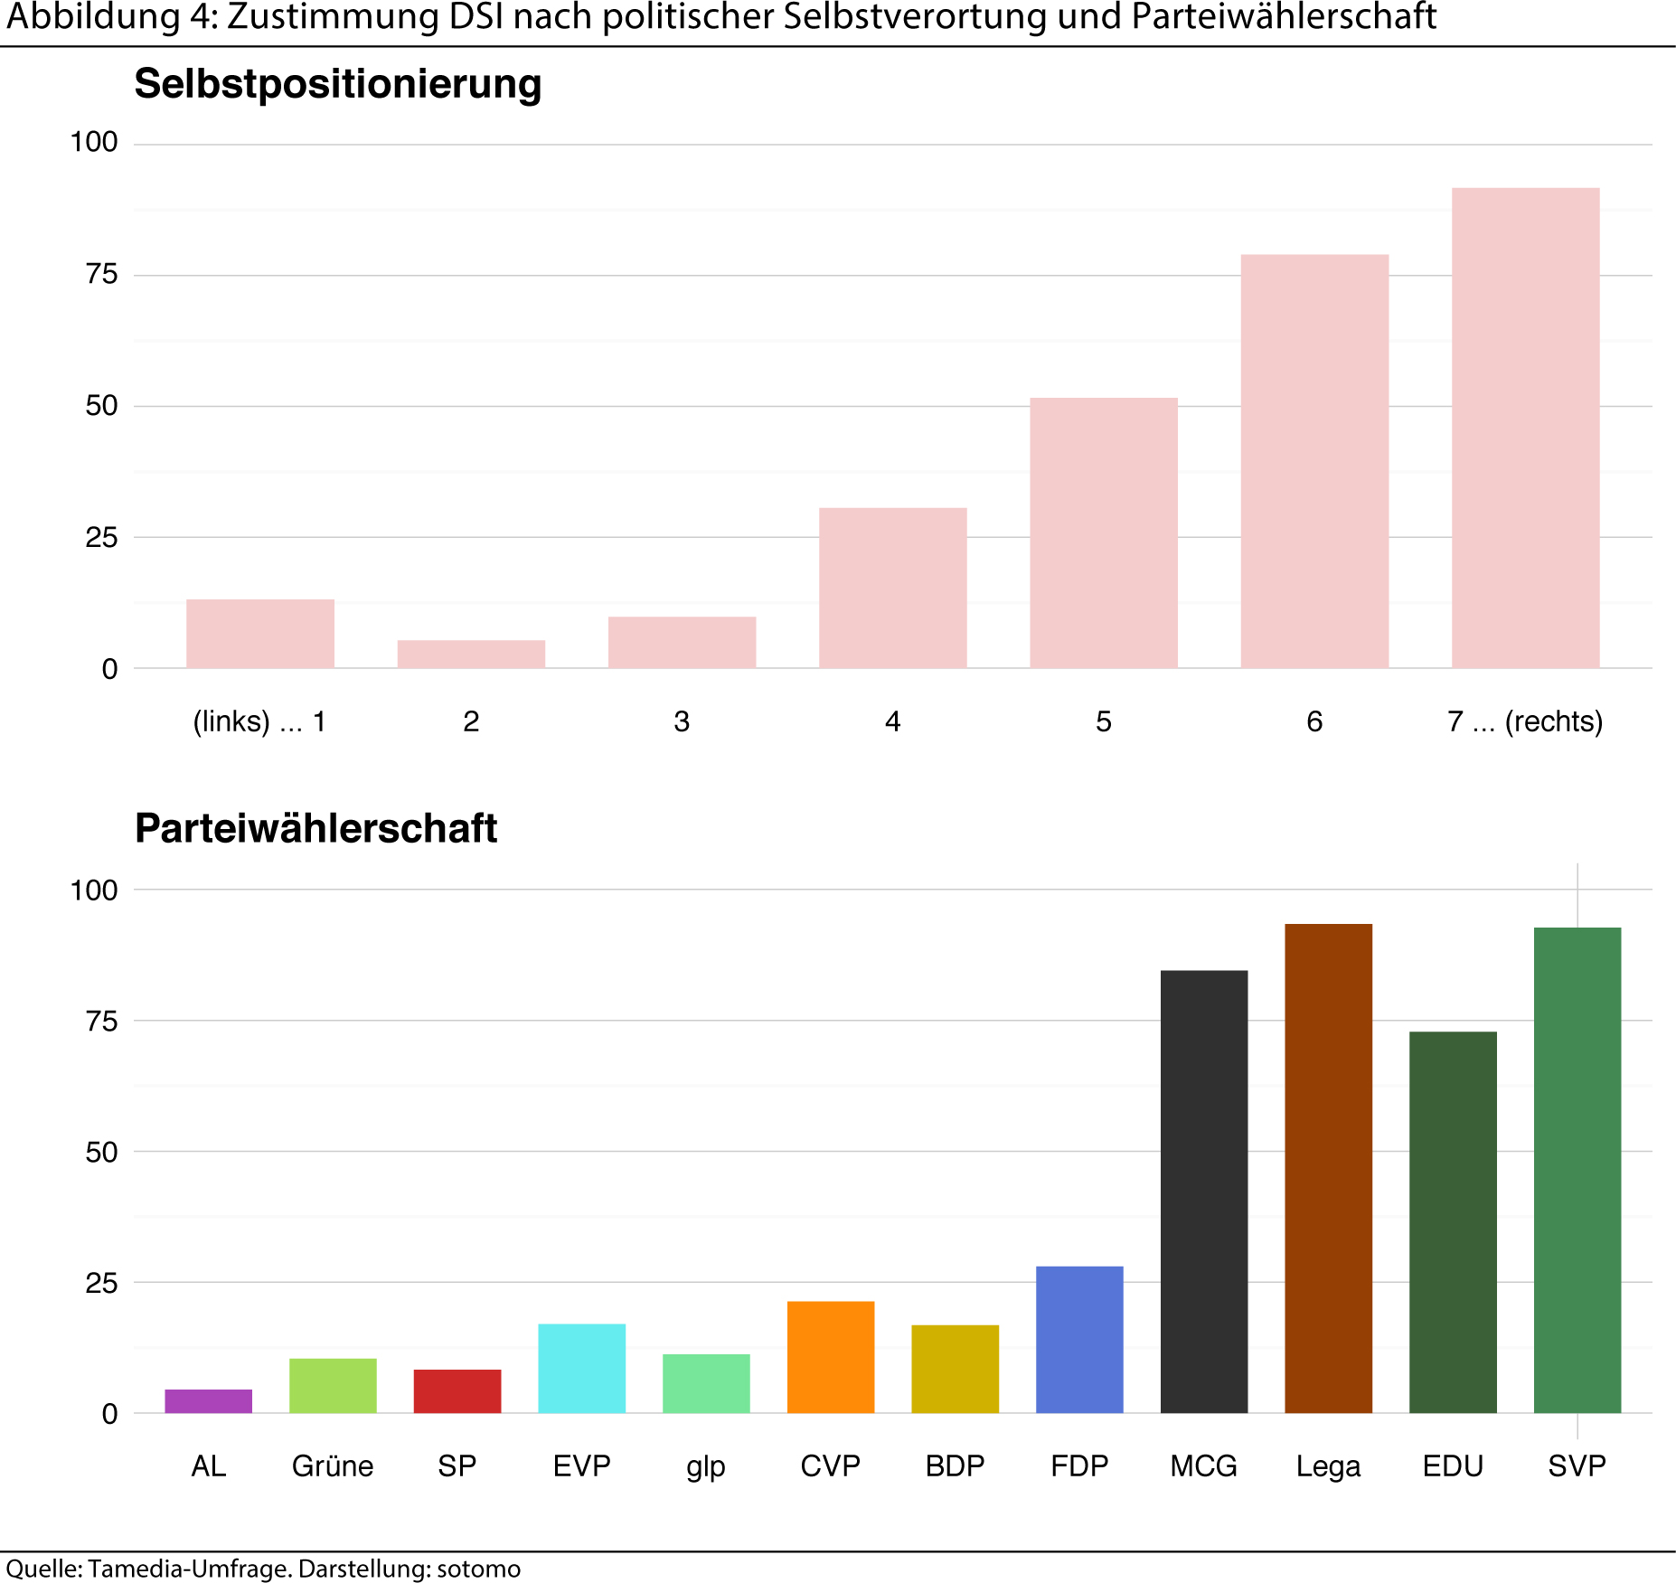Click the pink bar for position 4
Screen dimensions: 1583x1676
(x=892, y=589)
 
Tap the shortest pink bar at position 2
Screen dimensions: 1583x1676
(x=471, y=655)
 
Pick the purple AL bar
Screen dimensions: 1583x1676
(x=208, y=1401)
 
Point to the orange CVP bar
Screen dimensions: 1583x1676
(x=830, y=1357)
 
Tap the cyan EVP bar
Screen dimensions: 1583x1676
(x=581, y=1368)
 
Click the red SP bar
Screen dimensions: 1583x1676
(x=457, y=1391)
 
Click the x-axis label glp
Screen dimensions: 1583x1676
(x=705, y=1466)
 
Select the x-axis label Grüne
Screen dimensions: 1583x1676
(x=332, y=1465)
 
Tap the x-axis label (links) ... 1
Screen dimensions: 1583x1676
(x=259, y=721)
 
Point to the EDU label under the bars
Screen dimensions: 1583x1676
(x=1453, y=1465)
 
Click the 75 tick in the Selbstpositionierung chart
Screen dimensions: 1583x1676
(x=101, y=274)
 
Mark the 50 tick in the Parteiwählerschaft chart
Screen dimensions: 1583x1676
(x=101, y=1152)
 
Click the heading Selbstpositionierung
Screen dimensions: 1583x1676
(x=337, y=84)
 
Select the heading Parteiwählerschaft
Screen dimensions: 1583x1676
(x=315, y=828)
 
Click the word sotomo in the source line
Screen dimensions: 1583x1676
(x=478, y=1569)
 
